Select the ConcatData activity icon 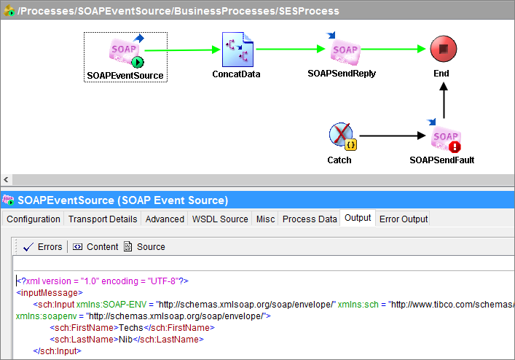pyautogui.click(x=236, y=50)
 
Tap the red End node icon pyautogui.click(x=441, y=50)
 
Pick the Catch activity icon pyautogui.click(x=340, y=136)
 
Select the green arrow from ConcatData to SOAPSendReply pyautogui.click(x=290, y=50)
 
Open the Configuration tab pyautogui.click(x=34, y=219)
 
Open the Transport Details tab pyautogui.click(x=103, y=219)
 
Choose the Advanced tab pyautogui.click(x=165, y=219)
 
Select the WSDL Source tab pyautogui.click(x=219, y=219)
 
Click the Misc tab pyautogui.click(x=265, y=219)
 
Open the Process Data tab pyautogui.click(x=310, y=219)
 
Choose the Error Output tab pyautogui.click(x=404, y=219)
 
